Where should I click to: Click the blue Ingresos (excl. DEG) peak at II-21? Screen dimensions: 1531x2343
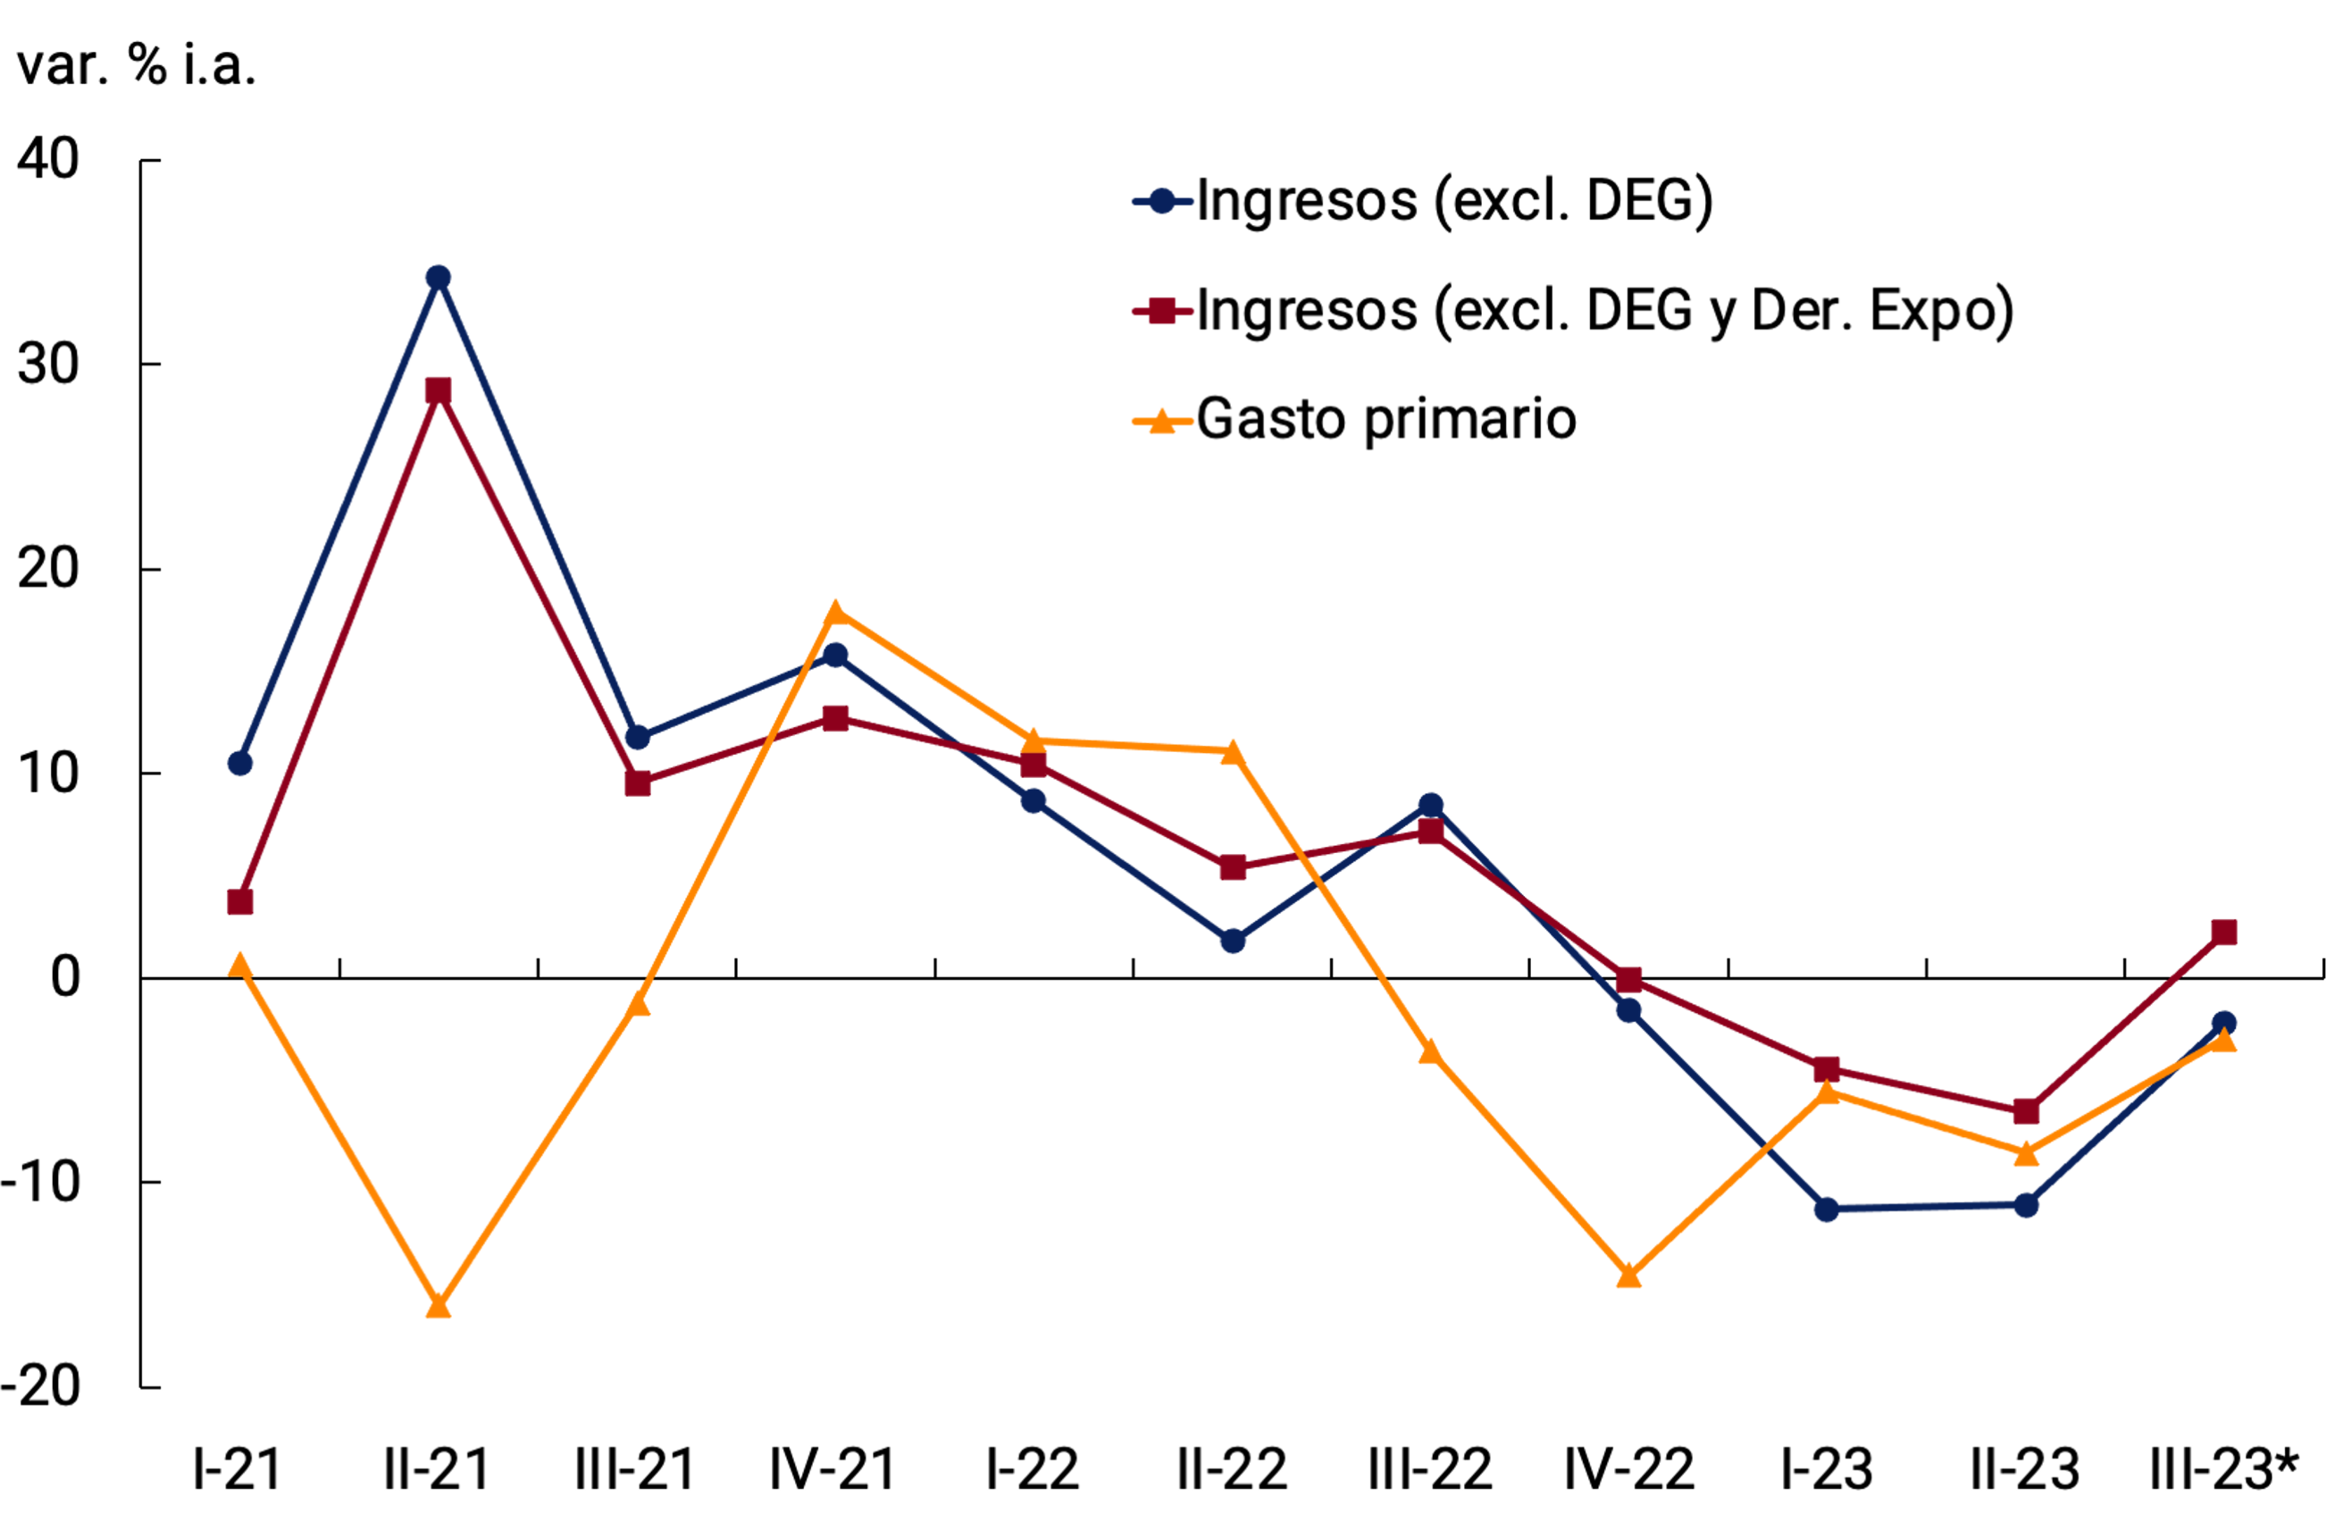(x=438, y=278)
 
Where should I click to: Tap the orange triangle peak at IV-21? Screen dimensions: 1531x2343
(x=835, y=614)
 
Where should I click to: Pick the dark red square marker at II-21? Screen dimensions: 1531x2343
(x=438, y=391)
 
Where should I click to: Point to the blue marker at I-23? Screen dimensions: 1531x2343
(x=1826, y=1209)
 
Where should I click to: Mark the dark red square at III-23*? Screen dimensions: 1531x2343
(x=2223, y=932)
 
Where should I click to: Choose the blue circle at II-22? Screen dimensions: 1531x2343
(x=1233, y=941)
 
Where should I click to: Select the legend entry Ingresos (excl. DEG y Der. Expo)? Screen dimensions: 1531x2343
(x=1604, y=311)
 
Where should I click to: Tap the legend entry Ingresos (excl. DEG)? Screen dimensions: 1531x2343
(x=1454, y=201)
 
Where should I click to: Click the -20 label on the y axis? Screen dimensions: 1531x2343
(x=41, y=1387)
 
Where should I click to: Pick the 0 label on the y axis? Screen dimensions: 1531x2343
(x=65, y=978)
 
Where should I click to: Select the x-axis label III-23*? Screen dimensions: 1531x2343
(x=2223, y=1470)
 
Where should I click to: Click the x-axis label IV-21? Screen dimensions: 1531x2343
(x=833, y=1470)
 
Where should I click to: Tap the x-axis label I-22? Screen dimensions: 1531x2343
(x=1033, y=1470)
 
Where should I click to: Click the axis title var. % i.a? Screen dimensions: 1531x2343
(x=137, y=66)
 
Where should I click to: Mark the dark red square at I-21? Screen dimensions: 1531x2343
(x=240, y=902)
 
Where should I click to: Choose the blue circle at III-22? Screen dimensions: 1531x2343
(x=1430, y=807)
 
